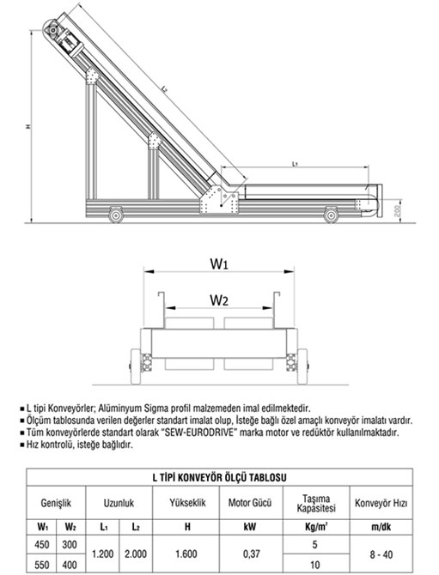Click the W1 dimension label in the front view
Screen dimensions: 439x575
219,263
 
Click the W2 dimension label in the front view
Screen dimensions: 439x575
219,300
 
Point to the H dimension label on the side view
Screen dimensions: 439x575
27,127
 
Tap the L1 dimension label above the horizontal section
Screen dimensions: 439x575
295,164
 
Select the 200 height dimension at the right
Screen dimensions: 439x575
397,210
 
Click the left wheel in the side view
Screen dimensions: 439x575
116,215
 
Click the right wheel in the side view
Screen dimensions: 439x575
331,215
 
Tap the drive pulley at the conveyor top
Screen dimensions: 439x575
52,29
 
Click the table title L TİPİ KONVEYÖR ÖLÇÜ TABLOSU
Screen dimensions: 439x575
219,477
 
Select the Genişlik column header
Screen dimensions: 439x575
56,503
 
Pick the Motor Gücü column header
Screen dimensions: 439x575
250,502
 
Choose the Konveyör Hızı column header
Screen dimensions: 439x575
381,503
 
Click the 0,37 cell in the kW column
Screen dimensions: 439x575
252,554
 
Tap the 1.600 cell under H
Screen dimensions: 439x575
186,554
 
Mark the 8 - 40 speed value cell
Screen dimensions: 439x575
381,554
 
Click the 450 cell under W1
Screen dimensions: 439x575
41,544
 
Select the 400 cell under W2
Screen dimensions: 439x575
70,565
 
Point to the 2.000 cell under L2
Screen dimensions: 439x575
136,554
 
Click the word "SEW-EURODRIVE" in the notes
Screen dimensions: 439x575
198,433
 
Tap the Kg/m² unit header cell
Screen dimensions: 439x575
316,527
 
